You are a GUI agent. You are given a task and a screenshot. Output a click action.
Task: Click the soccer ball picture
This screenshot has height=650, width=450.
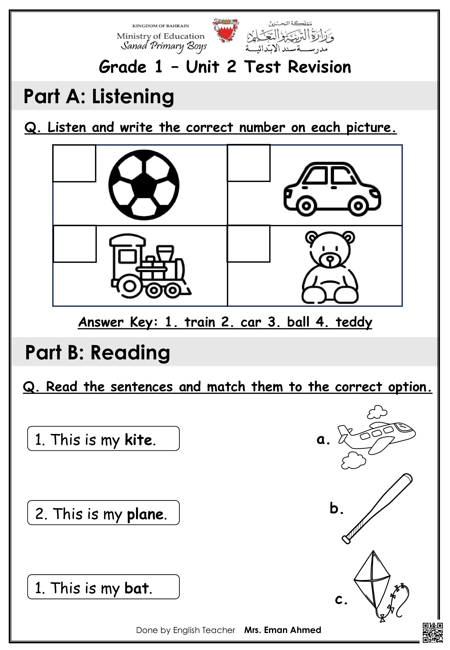click(144, 185)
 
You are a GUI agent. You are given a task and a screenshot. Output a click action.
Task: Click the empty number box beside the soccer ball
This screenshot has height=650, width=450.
click(74, 163)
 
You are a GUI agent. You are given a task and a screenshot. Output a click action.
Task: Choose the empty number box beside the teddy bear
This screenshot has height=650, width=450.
click(248, 244)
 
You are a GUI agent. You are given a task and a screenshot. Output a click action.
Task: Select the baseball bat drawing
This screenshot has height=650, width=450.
click(377, 509)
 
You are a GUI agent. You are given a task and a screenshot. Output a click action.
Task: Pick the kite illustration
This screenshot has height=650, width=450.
click(378, 586)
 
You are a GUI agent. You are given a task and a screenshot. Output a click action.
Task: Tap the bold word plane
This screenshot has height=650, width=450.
click(146, 514)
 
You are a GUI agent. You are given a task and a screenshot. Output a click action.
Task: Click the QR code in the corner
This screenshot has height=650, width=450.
click(432, 633)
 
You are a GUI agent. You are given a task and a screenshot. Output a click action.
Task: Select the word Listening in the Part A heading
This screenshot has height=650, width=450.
click(133, 96)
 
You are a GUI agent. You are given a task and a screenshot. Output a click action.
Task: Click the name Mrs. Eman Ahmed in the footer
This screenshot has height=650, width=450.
click(283, 630)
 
